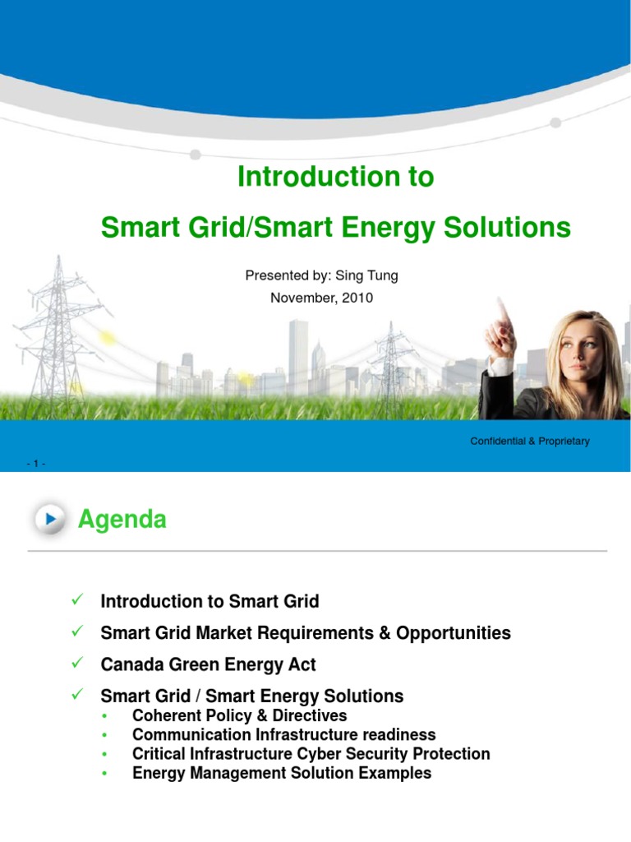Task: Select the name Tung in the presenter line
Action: (381, 275)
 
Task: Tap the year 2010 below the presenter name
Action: (357, 298)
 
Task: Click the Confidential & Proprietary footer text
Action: (529, 442)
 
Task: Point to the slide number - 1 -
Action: (36, 464)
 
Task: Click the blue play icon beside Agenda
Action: (52, 520)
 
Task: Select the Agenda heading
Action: (122, 520)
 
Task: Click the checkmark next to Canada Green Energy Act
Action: (79, 663)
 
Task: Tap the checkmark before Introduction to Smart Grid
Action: (79, 600)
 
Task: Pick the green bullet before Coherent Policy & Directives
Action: (105, 716)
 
